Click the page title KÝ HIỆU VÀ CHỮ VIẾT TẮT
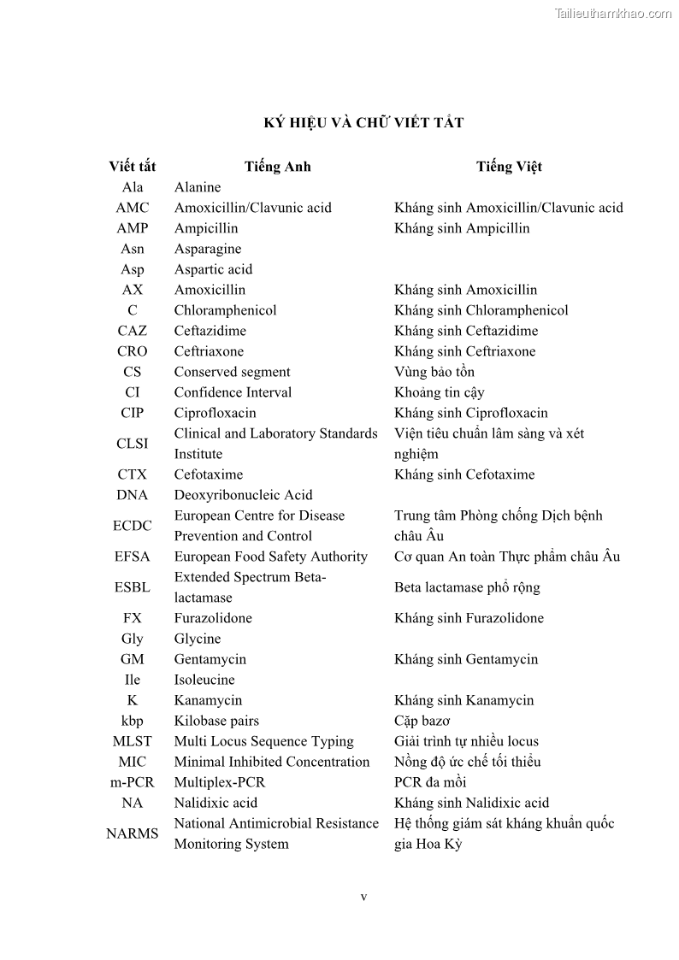tap(363, 122)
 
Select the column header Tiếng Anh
tap(277, 167)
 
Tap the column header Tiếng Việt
tap(509, 167)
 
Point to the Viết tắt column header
tap(132, 167)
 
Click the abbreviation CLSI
tap(132, 444)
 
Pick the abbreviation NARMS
tap(132, 833)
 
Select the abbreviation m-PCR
tap(132, 782)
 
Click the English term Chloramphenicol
tap(225, 310)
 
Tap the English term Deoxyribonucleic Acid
tap(243, 495)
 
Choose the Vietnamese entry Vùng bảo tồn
tap(434, 372)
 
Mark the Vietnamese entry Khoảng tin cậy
tap(439, 392)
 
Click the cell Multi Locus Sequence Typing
tap(263, 741)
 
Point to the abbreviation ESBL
tap(132, 587)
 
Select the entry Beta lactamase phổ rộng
tap(467, 587)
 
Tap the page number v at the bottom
tap(363, 897)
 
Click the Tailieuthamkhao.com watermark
tap(613, 13)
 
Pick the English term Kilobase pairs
tap(216, 721)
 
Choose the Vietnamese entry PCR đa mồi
tap(430, 782)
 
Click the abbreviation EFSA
tap(132, 557)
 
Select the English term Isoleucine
tap(204, 680)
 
